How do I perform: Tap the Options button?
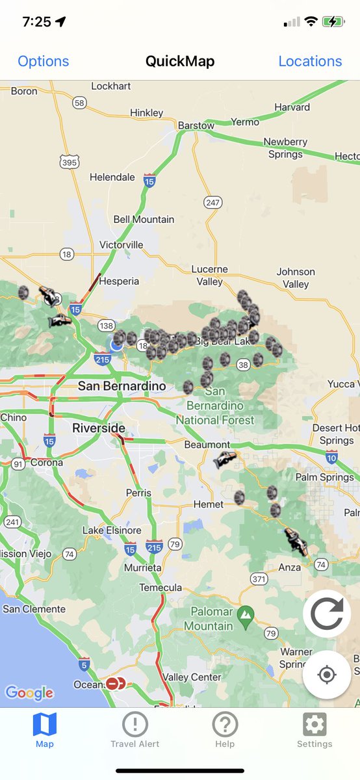[43, 61]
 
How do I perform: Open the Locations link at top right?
[310, 61]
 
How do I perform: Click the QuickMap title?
[180, 61]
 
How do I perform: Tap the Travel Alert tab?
[135, 729]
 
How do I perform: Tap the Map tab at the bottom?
[45, 729]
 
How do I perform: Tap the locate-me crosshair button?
[327, 675]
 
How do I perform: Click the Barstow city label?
[196, 125]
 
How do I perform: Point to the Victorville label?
[122, 245]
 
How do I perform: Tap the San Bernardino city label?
[122, 385]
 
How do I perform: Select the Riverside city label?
[99, 428]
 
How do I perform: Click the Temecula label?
[161, 588]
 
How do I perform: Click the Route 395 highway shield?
[70, 162]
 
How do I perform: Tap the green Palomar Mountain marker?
[246, 614]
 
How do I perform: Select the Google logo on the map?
[29, 693]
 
